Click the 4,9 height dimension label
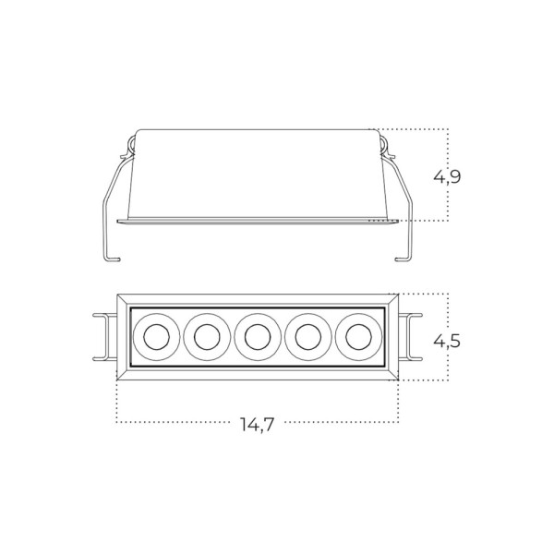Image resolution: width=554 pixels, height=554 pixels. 448,176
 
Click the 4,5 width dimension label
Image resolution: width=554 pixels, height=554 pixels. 448,341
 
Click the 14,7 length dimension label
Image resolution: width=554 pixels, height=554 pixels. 257,425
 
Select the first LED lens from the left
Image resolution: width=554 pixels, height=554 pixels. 155,336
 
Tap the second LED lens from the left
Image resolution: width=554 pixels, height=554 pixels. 206,336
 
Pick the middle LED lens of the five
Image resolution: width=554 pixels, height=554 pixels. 257,336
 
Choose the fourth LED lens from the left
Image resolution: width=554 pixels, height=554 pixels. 307,336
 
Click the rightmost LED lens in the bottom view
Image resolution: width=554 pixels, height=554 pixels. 358,336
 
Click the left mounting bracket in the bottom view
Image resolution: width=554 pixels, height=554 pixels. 103,336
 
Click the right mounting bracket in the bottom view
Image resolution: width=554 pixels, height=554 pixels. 412,336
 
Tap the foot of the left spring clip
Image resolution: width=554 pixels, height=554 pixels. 111,258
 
